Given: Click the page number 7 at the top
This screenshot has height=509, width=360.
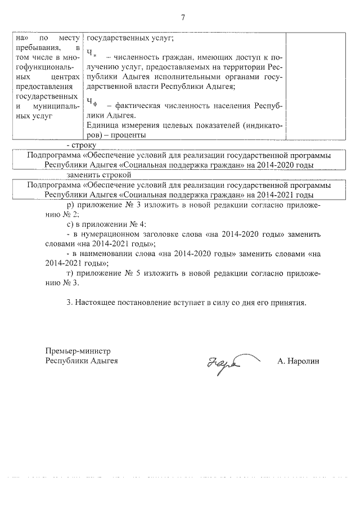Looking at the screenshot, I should coord(183,17).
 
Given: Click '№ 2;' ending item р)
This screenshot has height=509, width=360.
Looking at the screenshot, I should coord(74,215).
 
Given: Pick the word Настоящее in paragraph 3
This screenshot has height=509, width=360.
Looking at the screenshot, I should coord(98,303).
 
